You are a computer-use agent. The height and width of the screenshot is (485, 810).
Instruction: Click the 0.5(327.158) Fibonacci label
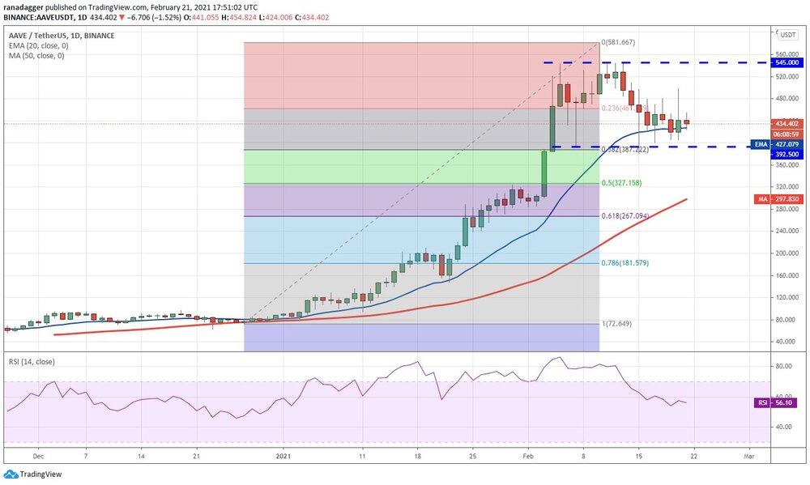tap(623, 183)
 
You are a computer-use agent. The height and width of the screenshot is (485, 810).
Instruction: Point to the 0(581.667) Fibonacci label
tap(619, 42)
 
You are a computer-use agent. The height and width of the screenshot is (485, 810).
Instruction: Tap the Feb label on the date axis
tap(528, 456)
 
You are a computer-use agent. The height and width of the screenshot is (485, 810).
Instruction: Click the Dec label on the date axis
tap(37, 456)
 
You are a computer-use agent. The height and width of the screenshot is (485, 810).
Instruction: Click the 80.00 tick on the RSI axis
tap(783, 366)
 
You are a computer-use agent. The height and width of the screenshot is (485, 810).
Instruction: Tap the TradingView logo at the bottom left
tap(32, 474)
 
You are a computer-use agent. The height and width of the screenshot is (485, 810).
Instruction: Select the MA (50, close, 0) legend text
tap(36, 55)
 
